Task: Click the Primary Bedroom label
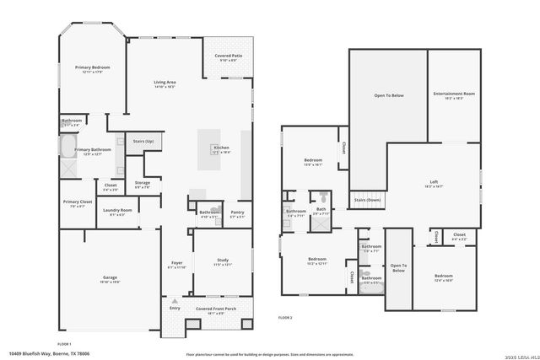click(94, 67)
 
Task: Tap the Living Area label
click(165, 83)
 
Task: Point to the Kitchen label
click(221, 148)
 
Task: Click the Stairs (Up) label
click(143, 141)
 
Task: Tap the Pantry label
click(237, 212)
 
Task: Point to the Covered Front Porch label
click(215, 309)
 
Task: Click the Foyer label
click(177, 263)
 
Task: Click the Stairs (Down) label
click(367, 199)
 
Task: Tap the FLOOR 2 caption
click(285, 317)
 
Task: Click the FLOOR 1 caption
click(64, 344)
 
